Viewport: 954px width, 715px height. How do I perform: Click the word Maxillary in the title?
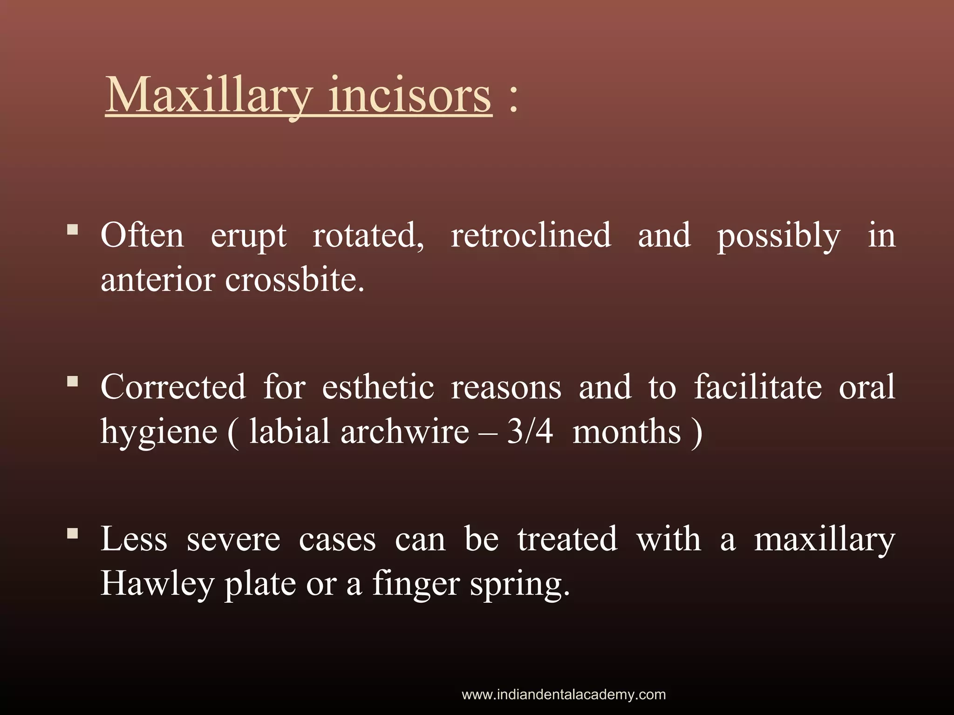[x=208, y=95]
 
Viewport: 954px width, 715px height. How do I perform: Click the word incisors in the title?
[x=410, y=95]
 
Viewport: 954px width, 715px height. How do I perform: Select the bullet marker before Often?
[x=72, y=229]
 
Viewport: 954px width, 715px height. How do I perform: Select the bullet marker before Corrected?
[x=72, y=382]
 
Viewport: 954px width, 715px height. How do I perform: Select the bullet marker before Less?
[x=72, y=533]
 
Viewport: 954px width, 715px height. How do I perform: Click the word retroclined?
[x=531, y=235]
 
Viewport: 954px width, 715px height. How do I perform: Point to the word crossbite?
[x=294, y=280]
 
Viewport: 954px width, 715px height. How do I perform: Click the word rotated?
[x=368, y=235]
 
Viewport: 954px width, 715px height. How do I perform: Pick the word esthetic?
[x=378, y=387]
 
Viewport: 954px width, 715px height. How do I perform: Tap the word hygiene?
[x=159, y=432]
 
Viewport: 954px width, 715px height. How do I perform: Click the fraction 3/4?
[x=530, y=431]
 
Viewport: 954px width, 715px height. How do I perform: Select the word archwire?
[x=404, y=431]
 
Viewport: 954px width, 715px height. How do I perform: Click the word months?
[x=627, y=432]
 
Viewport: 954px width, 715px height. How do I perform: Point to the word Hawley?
[x=157, y=584]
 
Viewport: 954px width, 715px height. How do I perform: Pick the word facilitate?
[x=758, y=387]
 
